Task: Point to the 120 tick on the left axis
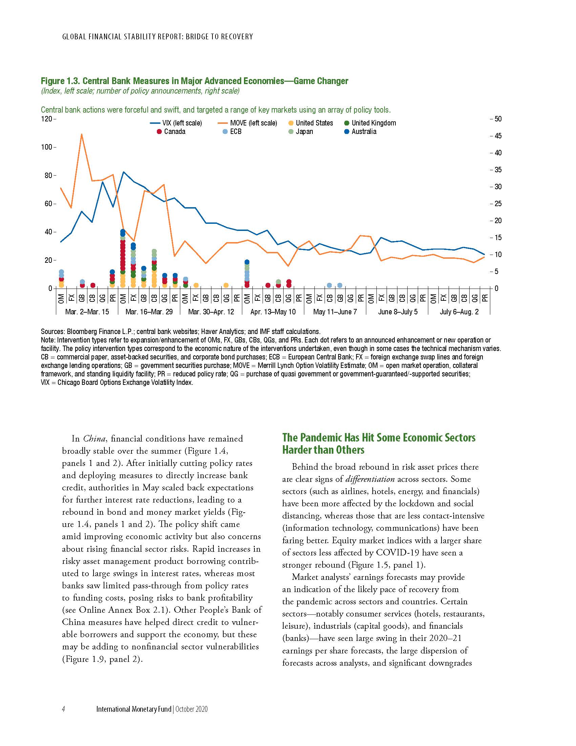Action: (x=47, y=119)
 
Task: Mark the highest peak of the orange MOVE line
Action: (x=82, y=134)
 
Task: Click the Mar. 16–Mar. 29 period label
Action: (x=149, y=312)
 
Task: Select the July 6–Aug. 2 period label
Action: (x=459, y=312)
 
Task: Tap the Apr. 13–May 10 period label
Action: (x=273, y=312)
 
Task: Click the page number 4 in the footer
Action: (x=63, y=709)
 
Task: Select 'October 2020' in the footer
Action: (x=191, y=709)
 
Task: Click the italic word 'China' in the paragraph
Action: (x=94, y=438)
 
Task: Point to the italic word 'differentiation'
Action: (x=370, y=479)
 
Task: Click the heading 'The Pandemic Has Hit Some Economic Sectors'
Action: (x=378, y=437)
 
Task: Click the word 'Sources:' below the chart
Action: (x=53, y=331)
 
